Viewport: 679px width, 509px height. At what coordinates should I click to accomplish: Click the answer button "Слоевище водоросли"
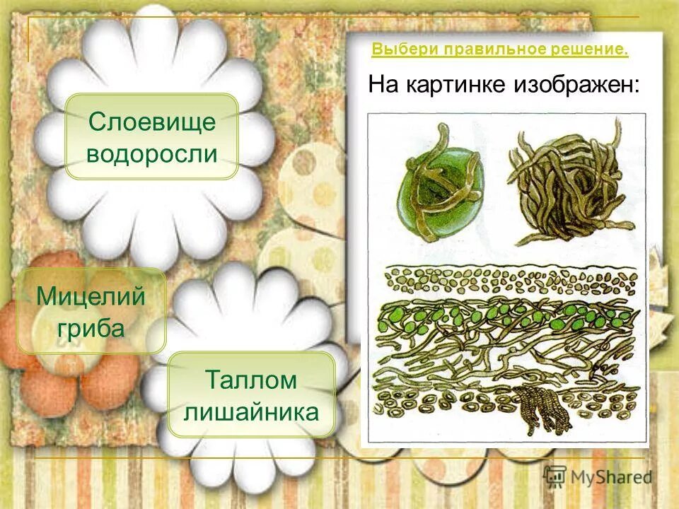151,136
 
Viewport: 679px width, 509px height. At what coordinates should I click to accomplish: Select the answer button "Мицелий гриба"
91,311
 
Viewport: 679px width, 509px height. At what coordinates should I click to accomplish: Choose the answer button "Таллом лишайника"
251,394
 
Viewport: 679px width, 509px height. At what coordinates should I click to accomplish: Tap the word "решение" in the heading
596,49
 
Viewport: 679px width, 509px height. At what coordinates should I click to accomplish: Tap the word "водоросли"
151,153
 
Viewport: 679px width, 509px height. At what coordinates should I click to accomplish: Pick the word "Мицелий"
91,295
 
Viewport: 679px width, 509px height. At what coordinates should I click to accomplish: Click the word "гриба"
91,327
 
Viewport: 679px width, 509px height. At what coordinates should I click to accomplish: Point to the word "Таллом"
251,379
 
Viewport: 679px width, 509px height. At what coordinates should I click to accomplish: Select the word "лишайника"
251,411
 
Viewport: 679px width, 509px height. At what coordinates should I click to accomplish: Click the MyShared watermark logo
598,476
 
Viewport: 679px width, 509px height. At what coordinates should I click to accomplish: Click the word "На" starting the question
383,86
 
